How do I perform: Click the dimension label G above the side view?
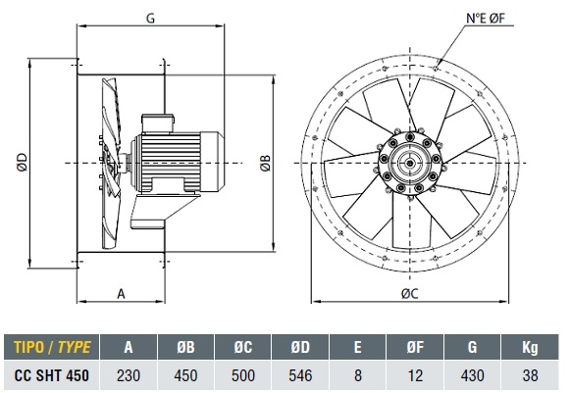point(150,19)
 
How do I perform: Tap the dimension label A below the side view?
point(121,293)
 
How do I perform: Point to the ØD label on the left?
point(22,162)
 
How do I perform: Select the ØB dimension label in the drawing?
point(265,163)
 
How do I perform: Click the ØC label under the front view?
point(410,293)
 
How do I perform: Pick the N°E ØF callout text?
point(486,19)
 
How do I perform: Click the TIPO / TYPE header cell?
point(52,347)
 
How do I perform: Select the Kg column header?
point(530,347)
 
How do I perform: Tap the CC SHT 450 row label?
point(51,375)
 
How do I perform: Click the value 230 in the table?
point(129,375)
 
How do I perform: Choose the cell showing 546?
point(300,375)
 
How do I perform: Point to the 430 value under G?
point(472,375)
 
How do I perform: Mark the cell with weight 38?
point(530,375)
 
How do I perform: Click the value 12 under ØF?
point(415,375)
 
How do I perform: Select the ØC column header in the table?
point(243,347)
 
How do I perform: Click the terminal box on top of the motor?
point(158,123)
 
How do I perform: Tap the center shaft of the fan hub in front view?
point(410,163)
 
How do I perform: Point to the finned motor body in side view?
point(171,162)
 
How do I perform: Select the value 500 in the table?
point(243,375)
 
